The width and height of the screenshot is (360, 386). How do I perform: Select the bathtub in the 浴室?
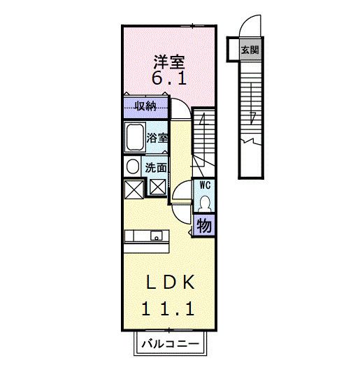tap(134, 137)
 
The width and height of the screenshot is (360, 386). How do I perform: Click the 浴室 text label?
tap(157, 138)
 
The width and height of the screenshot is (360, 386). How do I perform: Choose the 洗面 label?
tap(156, 168)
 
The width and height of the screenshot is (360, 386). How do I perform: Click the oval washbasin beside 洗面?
tap(132, 167)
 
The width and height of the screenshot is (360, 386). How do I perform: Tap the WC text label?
tap(206, 185)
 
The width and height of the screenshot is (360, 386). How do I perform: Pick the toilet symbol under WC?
tap(205, 203)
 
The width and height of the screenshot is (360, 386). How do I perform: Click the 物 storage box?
tap(205, 226)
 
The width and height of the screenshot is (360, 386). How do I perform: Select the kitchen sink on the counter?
tap(154, 235)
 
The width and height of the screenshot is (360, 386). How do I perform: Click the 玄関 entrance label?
tap(249, 50)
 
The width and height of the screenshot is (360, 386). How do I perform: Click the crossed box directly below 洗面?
tap(157, 187)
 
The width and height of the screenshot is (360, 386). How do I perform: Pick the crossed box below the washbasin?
tap(133, 187)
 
